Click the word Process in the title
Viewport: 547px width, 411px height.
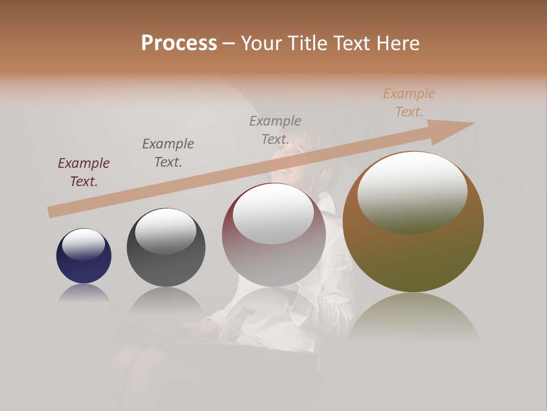pyautogui.click(x=179, y=43)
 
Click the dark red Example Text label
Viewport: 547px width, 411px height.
pyautogui.click(x=84, y=172)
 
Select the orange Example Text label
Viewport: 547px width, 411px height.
pyautogui.click(x=409, y=103)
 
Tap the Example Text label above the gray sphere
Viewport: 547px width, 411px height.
pyautogui.click(x=168, y=153)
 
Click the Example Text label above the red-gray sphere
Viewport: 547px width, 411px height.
pyautogui.click(x=275, y=130)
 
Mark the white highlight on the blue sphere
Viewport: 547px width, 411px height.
pyautogui.click(x=83, y=244)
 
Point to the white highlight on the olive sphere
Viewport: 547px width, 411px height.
pyautogui.click(x=412, y=191)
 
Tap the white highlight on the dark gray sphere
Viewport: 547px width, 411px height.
pyautogui.click(x=165, y=230)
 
